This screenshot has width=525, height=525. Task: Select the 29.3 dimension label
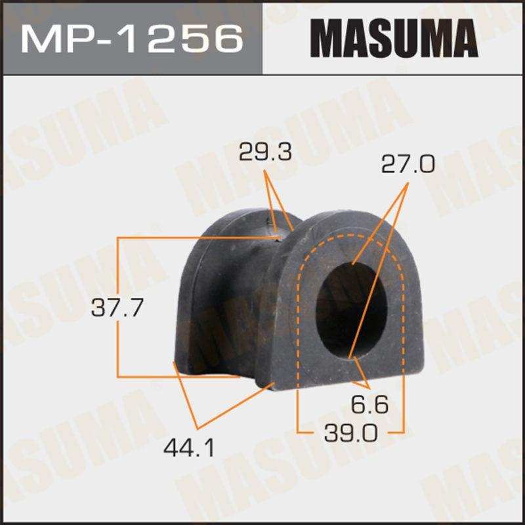(266, 153)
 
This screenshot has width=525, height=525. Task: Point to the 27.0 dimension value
(408, 163)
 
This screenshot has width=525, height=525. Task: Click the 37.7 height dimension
(116, 308)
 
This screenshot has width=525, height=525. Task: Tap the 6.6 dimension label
(370, 405)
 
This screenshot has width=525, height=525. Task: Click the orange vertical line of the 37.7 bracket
(117, 308)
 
